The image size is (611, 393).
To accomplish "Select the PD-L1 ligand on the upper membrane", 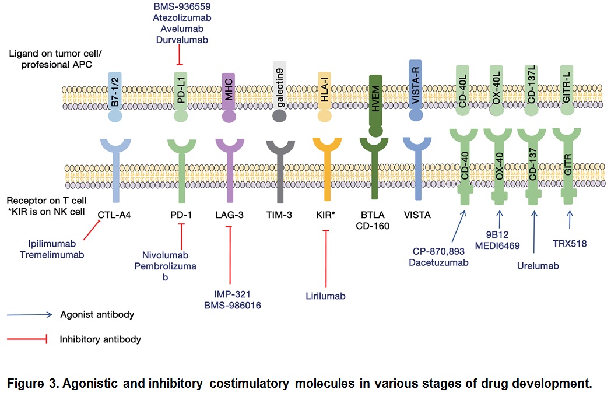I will (x=181, y=94).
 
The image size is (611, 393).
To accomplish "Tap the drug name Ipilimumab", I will (x=52, y=244).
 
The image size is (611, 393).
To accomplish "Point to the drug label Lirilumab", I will (x=325, y=296).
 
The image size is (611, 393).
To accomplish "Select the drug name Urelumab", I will (x=537, y=266).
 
